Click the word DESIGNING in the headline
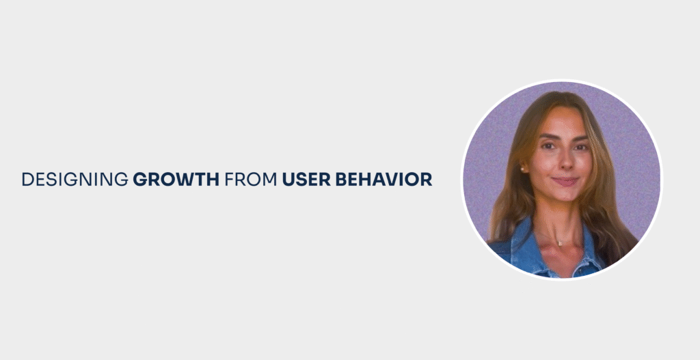pos(75,180)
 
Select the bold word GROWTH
pos(176,180)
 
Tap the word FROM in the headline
pos(251,180)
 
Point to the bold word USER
pos(306,180)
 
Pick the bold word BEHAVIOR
pos(384,180)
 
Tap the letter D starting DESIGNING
pos(27,180)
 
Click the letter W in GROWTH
pos(186,180)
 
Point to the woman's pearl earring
pos(522,169)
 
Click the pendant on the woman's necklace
pos(558,243)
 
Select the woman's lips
pos(565,181)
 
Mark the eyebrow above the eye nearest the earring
pos(548,137)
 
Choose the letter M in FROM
pos(270,180)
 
